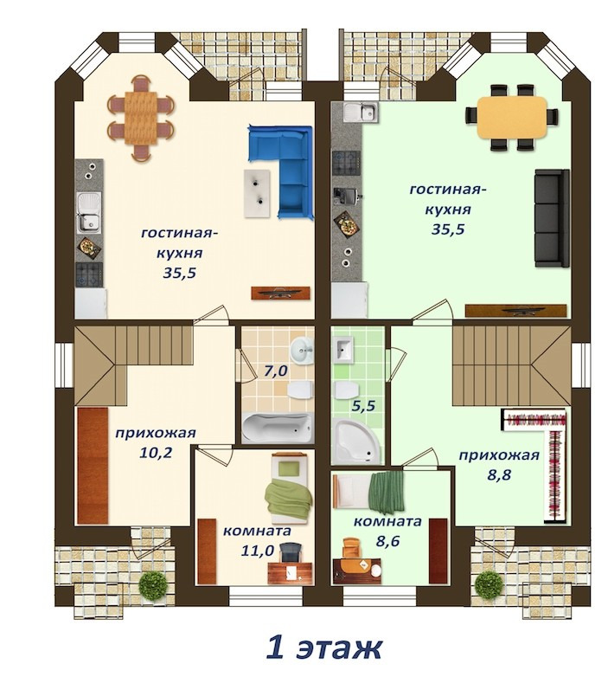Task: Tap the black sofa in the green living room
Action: pos(552,218)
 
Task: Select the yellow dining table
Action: pos(512,117)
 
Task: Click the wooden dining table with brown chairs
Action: pos(141,118)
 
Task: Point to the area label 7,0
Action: pos(276,371)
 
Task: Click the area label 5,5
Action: pos(364,406)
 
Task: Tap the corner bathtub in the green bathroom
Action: pos(356,441)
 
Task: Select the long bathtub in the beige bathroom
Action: pos(277,427)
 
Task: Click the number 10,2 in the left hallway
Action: pos(156,452)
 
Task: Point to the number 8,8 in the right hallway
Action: pos(499,474)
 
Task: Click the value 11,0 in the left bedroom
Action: pos(258,550)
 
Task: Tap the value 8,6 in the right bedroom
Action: pos(387,540)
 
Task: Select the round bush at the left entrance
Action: pos(153,584)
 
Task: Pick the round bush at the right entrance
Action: pos(489,584)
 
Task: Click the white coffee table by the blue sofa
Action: pos(258,192)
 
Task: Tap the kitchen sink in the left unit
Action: pos(89,211)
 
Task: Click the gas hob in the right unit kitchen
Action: pos(346,163)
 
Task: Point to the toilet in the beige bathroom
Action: pos(300,390)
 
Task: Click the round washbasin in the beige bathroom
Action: pos(302,349)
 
